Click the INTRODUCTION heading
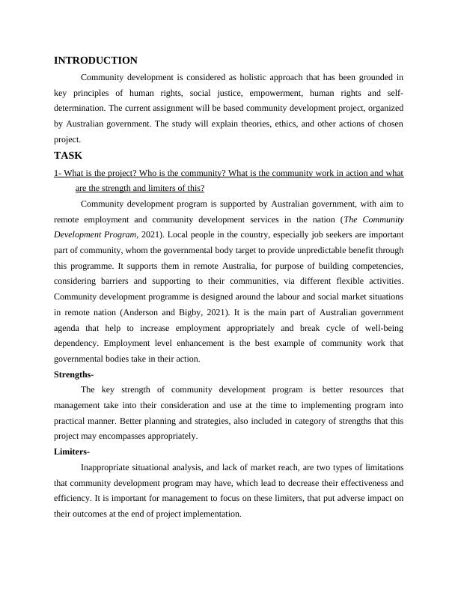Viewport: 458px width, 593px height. point(96,61)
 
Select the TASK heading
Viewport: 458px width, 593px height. point(68,156)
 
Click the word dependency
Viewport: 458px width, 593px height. point(80,344)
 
